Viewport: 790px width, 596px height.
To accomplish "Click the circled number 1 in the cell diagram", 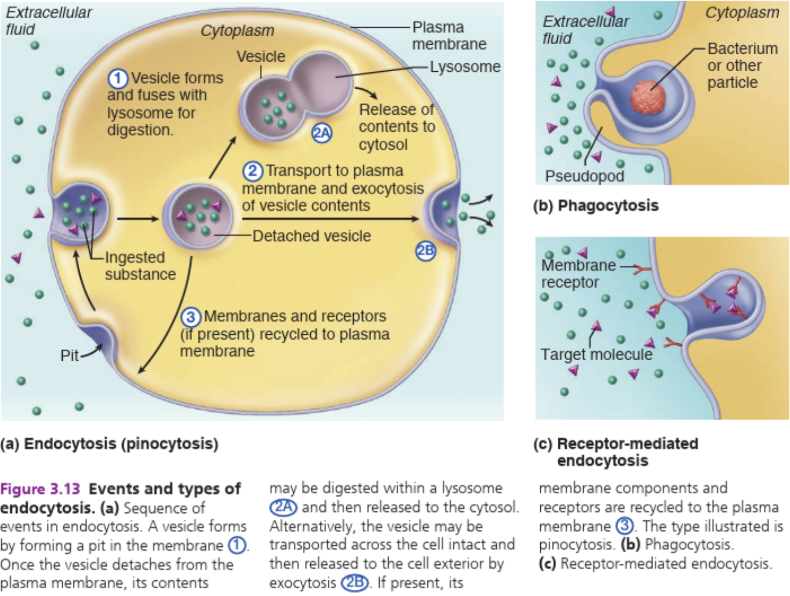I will point(118,79).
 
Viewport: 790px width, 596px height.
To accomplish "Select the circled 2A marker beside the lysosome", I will point(322,133).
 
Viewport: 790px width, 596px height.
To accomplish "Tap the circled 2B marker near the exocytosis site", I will point(426,251).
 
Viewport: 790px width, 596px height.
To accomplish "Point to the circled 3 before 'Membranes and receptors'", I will point(190,317).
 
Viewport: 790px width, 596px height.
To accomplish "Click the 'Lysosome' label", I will point(465,67).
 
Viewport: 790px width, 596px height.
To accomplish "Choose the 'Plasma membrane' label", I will point(449,36).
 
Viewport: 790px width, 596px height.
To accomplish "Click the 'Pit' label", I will point(70,356).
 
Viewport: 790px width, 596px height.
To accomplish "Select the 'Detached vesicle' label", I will point(311,236).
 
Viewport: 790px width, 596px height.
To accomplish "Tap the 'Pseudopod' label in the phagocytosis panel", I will point(584,176).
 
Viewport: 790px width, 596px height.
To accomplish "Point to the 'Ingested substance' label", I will point(140,266).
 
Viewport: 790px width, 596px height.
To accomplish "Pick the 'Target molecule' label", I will point(596,355).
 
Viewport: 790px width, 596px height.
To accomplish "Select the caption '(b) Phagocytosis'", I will point(596,205).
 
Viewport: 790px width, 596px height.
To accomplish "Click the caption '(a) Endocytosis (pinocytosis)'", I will point(109,444).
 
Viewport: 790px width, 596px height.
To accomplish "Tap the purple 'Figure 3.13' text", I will point(40,489).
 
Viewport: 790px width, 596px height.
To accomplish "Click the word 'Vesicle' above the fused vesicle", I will point(261,57).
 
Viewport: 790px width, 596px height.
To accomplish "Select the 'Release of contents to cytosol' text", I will point(396,127).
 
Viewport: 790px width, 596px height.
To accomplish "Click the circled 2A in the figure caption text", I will point(283,507).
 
